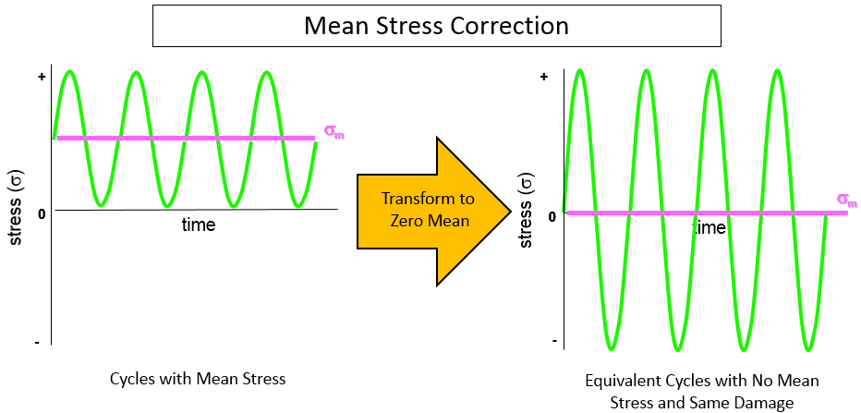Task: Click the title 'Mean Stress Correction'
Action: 436,25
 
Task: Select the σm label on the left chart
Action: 334,136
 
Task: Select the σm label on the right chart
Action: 846,200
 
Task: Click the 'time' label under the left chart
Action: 198,225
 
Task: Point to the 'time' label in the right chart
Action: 709,227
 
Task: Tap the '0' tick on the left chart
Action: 42,214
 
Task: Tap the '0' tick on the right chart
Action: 552,215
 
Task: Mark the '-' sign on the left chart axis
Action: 37,343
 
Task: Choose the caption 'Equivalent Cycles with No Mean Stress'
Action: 702,381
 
